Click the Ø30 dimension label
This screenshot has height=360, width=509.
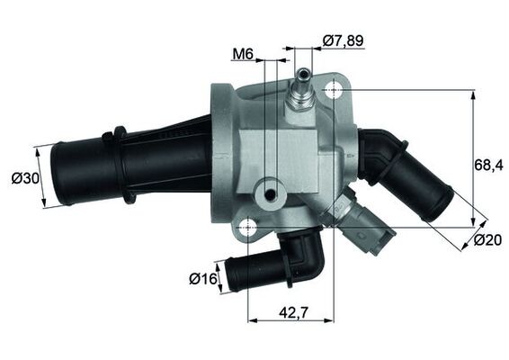(x=24, y=178)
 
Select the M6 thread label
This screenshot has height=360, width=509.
(x=241, y=54)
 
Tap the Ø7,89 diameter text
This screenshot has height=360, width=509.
(x=344, y=40)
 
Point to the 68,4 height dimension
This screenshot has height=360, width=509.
(x=488, y=166)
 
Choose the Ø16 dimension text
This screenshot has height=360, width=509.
(x=204, y=279)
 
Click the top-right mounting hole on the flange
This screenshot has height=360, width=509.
(x=335, y=90)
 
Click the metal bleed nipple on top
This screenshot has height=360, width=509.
(x=300, y=94)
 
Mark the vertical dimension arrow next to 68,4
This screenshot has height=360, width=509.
(x=473, y=157)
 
